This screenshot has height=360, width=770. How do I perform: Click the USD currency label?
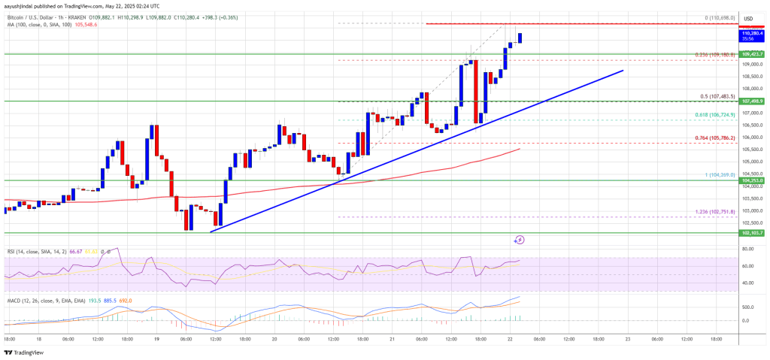tap(748, 18)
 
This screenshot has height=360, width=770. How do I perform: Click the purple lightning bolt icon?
tap(519, 240)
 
